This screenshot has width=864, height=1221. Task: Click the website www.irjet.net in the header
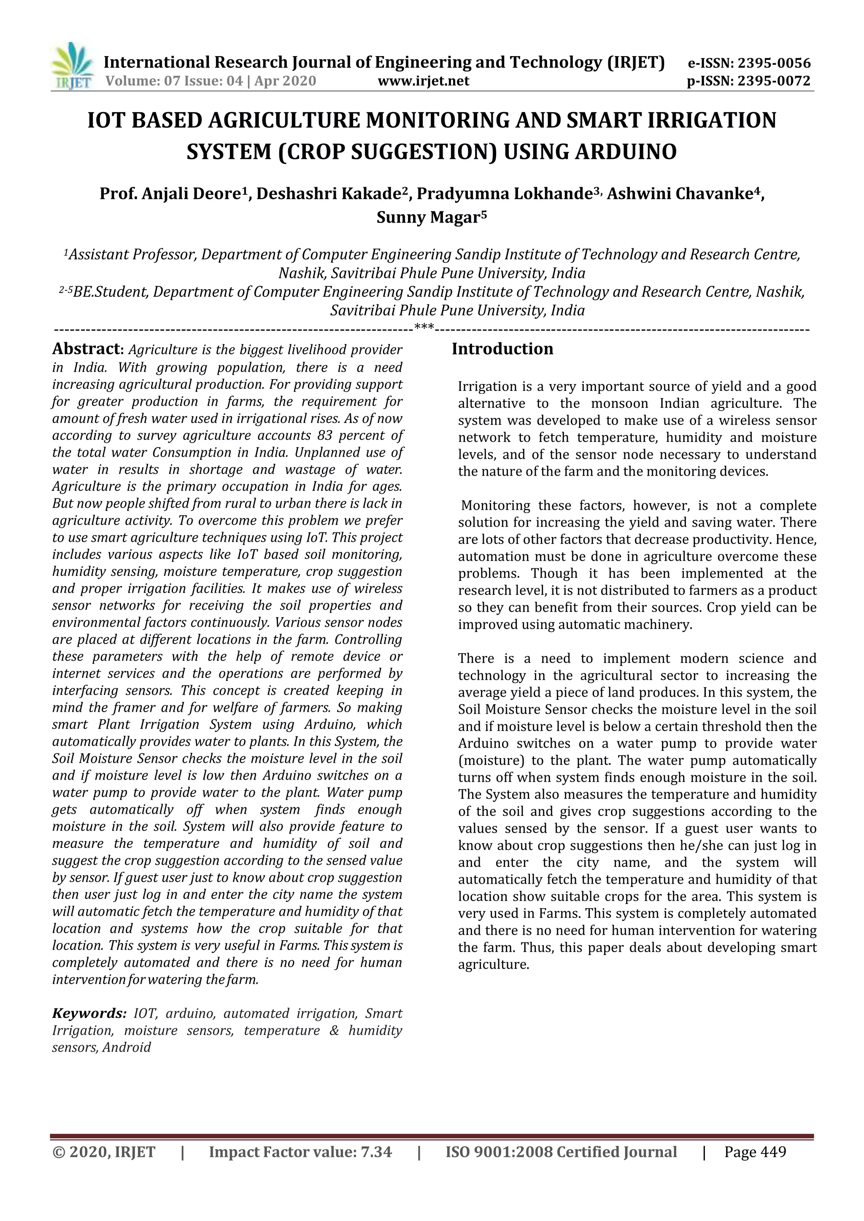pos(423,81)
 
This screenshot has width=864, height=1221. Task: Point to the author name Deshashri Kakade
pos(328,194)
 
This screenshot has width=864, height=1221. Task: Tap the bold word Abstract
pos(87,350)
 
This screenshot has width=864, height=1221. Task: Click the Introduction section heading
pos(502,349)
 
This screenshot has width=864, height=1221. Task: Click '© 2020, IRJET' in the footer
pos(104,1152)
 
